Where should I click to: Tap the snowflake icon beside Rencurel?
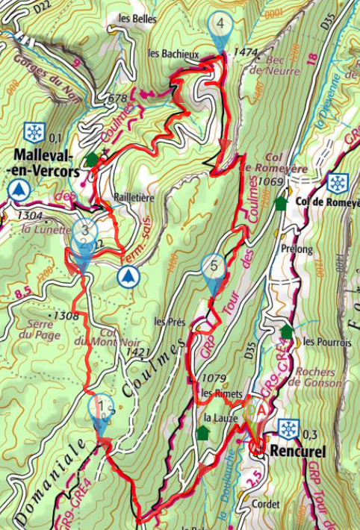pyautogui.click(x=288, y=428)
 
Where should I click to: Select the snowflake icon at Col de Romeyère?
pyautogui.click(x=338, y=182)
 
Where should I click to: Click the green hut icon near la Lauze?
pyautogui.click(x=202, y=432)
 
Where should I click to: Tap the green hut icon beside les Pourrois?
pyautogui.click(x=286, y=331)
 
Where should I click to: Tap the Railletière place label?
pyautogui.click(x=134, y=198)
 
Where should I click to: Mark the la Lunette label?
pyautogui.click(x=37, y=230)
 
